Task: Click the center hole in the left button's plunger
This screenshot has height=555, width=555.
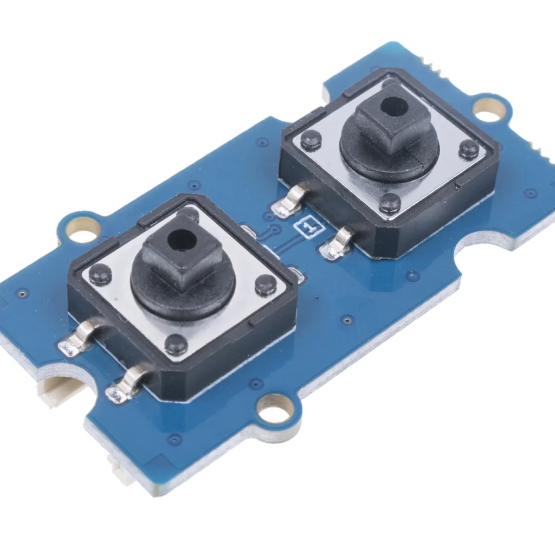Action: pyautogui.click(x=182, y=239)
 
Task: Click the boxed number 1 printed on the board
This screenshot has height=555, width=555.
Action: pyautogui.click(x=311, y=228)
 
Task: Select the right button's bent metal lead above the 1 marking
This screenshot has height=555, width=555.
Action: pyautogui.click(x=291, y=202)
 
